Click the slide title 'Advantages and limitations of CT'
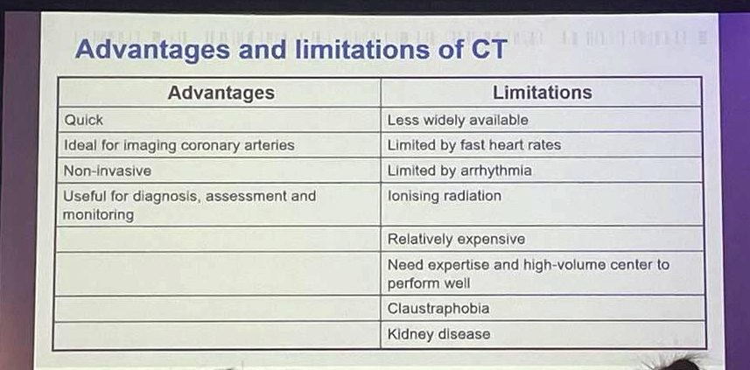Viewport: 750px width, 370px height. click(x=290, y=49)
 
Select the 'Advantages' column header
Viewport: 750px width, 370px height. click(x=221, y=93)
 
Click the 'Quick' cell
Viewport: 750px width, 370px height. click(x=84, y=120)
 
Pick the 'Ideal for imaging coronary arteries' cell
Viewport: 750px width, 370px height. click(x=179, y=145)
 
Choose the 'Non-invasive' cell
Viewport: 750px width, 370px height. click(x=108, y=171)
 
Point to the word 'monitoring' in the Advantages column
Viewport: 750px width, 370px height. click(x=99, y=214)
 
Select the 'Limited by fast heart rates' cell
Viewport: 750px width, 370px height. click(x=473, y=145)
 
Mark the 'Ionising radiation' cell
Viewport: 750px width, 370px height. click(x=445, y=196)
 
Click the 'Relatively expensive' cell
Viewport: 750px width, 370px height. click(x=456, y=239)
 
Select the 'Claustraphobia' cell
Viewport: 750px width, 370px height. click(x=438, y=309)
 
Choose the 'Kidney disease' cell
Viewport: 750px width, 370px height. click(x=438, y=334)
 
